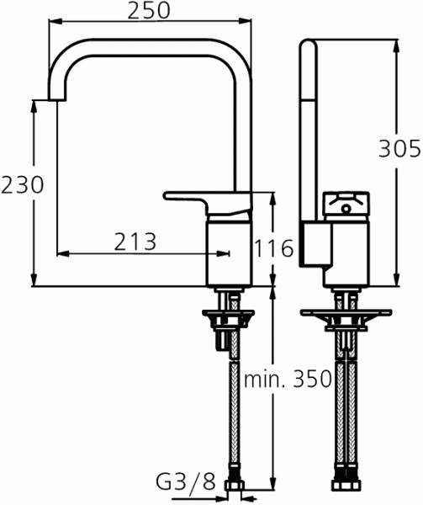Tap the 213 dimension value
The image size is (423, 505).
(x=135, y=242)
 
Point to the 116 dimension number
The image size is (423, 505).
(x=273, y=248)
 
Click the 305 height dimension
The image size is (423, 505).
(x=399, y=149)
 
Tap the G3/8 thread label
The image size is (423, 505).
(x=186, y=482)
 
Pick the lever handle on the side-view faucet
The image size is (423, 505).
(x=207, y=199)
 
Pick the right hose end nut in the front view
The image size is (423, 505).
(x=354, y=486)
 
